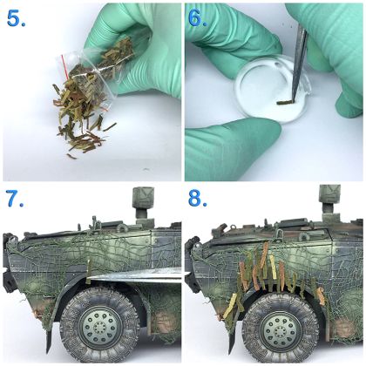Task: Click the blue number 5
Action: click(x=16, y=19)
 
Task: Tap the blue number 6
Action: click(x=198, y=18)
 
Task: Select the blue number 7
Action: click(x=15, y=199)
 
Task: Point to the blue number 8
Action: click(x=198, y=199)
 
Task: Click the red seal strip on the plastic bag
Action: click(x=64, y=67)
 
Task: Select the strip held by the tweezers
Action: click(x=285, y=102)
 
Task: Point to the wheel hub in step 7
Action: click(x=99, y=327)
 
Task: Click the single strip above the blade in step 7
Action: click(x=89, y=268)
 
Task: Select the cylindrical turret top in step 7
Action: click(x=143, y=198)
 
